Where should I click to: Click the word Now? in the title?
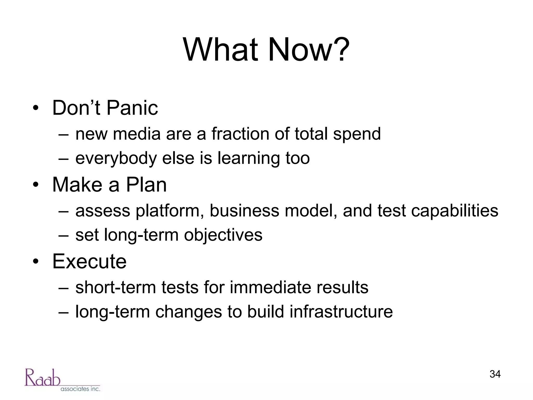(x=308, y=49)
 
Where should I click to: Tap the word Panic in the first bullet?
(x=132, y=108)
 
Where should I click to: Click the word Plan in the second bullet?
(x=146, y=185)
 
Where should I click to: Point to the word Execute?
(x=89, y=261)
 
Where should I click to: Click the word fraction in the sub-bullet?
(x=240, y=134)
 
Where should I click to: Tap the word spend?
(x=357, y=134)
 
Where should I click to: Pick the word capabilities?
(x=454, y=211)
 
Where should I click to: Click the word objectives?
(x=223, y=235)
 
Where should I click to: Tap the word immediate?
(x=270, y=287)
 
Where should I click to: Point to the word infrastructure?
(x=341, y=312)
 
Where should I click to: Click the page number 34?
(x=495, y=374)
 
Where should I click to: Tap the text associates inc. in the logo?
(x=80, y=389)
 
